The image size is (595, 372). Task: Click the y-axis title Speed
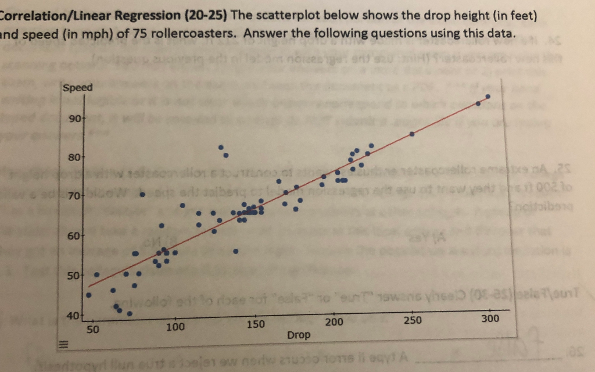click(77, 88)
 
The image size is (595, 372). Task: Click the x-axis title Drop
click(299, 335)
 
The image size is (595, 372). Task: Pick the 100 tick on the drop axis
click(175, 327)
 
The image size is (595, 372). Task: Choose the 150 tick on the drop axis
click(256, 324)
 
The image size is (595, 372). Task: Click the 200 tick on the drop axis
click(334, 322)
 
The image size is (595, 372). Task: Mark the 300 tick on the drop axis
click(490, 319)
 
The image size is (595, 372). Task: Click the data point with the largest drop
click(488, 96)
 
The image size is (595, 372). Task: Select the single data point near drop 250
click(412, 134)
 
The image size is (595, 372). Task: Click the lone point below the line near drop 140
click(236, 251)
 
